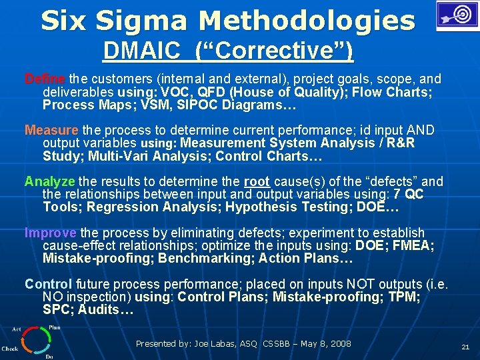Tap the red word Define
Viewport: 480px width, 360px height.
click(45, 79)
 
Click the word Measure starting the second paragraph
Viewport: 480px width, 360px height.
click(51, 130)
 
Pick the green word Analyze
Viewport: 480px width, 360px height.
click(50, 181)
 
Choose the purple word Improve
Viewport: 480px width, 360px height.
click(51, 233)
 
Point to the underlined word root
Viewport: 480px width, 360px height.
click(257, 181)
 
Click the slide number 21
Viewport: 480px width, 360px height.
click(465, 347)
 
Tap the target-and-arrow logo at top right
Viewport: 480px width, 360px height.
click(457, 15)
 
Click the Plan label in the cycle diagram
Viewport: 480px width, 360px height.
click(55, 328)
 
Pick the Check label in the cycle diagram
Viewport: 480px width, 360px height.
click(9, 348)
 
